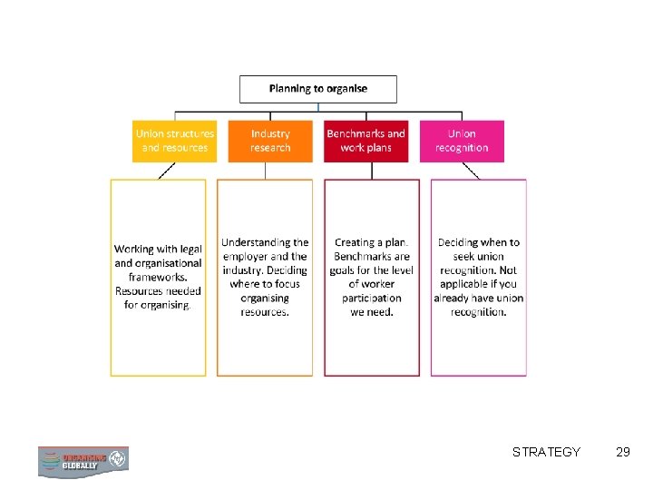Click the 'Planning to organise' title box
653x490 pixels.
317,89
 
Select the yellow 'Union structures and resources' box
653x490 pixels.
175,141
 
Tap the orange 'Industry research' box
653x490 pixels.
270,141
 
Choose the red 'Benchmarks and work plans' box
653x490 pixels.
365,141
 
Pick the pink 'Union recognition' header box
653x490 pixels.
462,141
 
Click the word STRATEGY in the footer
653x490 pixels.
546,452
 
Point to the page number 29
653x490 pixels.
622,452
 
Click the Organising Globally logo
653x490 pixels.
83,461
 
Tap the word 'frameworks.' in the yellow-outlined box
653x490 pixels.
158,277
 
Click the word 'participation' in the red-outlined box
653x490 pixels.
372,298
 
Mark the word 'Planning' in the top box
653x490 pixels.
289,89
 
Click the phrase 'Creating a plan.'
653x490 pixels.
372,242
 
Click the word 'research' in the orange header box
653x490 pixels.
270,148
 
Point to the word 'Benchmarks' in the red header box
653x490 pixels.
356,134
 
